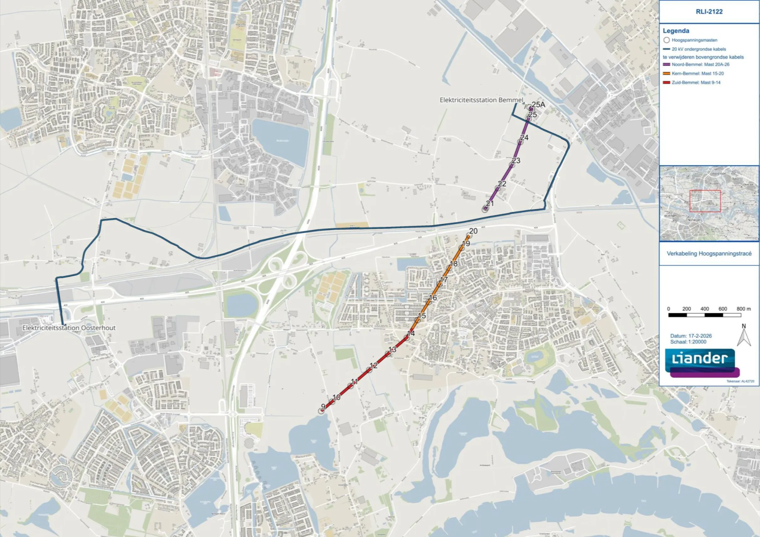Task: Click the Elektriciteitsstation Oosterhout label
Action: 69,328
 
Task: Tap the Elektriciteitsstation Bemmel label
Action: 481,100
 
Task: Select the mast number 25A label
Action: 538,105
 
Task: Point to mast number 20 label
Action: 473,231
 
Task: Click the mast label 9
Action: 323,407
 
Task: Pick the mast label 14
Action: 411,334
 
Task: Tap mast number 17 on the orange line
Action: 443,279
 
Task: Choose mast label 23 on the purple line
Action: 516,161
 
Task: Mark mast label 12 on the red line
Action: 373,366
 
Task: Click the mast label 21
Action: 490,203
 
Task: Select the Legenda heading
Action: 676,31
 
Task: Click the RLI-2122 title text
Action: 709,12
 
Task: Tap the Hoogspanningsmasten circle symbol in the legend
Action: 667,40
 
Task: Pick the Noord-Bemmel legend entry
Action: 701,64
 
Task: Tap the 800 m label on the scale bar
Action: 743,309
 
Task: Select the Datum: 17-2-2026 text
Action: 691,336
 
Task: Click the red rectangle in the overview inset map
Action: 705,201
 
